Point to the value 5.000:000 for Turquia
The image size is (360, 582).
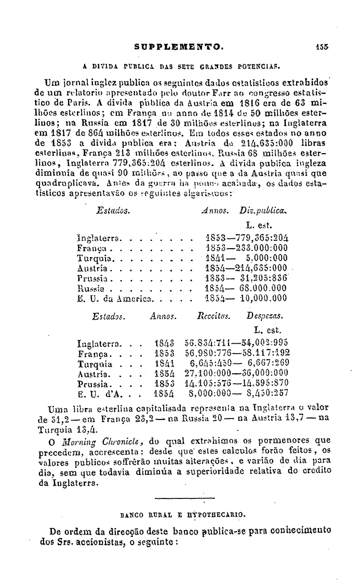[267, 258]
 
